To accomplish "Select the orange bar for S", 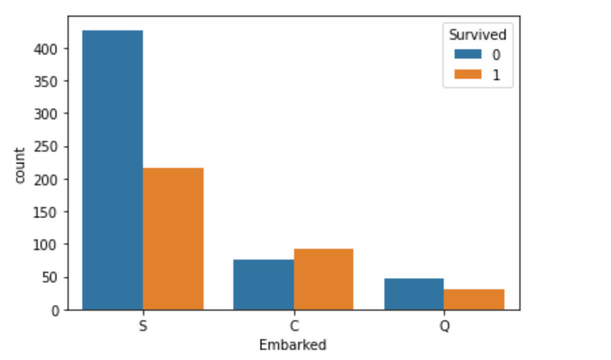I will (173, 239).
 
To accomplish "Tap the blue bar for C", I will (264, 284).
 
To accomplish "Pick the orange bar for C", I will (324, 279).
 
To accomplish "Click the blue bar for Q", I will (413, 294).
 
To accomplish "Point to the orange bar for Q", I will (474, 299).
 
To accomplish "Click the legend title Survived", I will (477, 34).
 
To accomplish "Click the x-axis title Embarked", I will (293, 345).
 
